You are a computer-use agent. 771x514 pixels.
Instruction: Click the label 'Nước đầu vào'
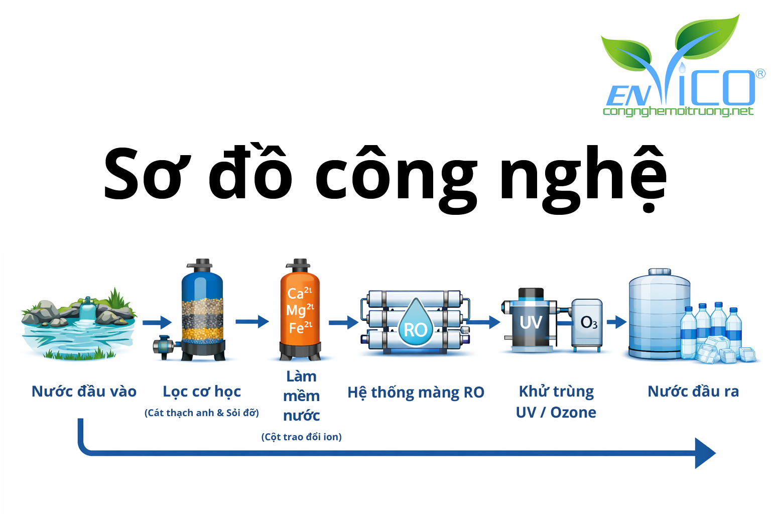[84, 391]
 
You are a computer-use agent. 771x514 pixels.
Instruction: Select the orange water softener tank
[300, 311]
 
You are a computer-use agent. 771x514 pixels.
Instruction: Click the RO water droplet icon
[415, 324]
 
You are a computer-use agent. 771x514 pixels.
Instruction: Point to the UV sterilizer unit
[531, 321]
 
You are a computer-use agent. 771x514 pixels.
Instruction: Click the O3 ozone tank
[587, 324]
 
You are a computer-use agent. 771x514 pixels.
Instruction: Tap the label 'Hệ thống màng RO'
[416, 392]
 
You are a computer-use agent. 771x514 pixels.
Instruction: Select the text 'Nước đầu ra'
[693, 391]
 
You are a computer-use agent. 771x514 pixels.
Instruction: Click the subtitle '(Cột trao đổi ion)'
[301, 437]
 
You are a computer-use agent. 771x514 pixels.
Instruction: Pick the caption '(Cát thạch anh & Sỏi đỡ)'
[202, 413]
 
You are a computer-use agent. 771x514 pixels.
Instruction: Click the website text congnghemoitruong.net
[678, 111]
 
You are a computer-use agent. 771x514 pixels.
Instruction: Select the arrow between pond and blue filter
[157, 322]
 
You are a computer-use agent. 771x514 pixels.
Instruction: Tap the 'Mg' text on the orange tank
[296, 310]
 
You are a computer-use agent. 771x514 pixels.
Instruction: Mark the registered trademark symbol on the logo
[760, 74]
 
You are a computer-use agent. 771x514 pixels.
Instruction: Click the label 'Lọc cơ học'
[202, 391]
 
